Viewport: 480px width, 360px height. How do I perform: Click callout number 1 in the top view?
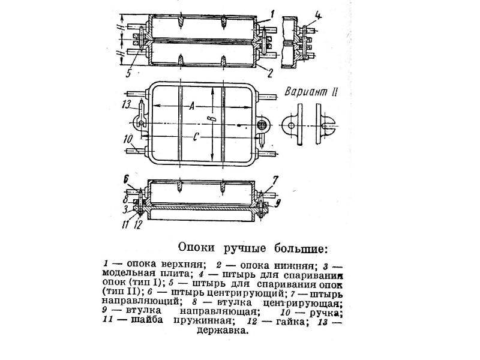pyautogui.click(x=272, y=14)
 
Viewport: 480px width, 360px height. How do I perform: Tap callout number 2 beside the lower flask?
pyautogui.click(x=269, y=73)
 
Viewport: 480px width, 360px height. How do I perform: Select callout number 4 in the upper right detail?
pyautogui.click(x=319, y=16)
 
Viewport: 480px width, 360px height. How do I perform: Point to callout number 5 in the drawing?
pyautogui.click(x=129, y=73)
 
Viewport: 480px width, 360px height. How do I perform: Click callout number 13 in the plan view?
pyautogui.click(x=127, y=104)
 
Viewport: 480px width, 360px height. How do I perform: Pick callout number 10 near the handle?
pyautogui.click(x=128, y=140)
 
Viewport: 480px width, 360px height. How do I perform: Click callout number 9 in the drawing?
pyautogui.click(x=278, y=203)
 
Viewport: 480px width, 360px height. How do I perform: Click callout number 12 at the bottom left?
pyautogui.click(x=139, y=225)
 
